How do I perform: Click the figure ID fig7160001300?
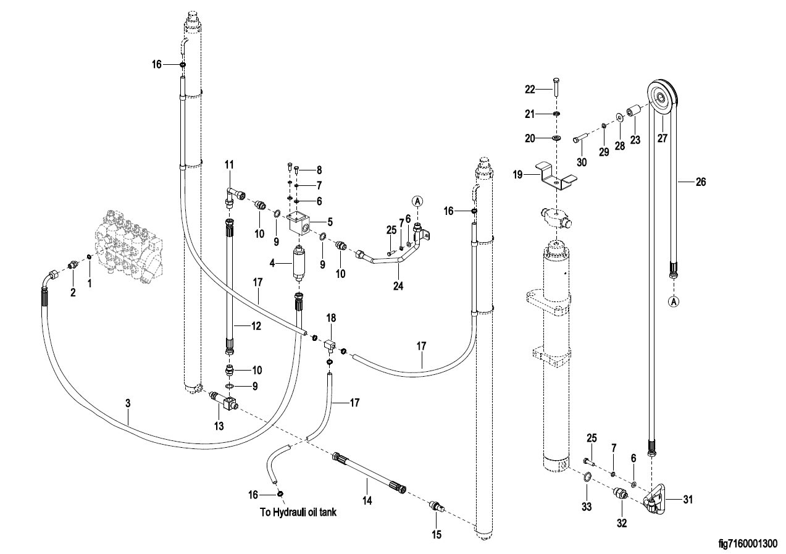tap(748, 544)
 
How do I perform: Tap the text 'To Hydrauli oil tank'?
tap(298, 512)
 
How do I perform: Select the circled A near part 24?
tap(417, 201)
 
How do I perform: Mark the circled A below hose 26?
tap(674, 301)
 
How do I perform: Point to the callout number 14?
tap(367, 502)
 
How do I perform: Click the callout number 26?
tap(700, 182)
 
